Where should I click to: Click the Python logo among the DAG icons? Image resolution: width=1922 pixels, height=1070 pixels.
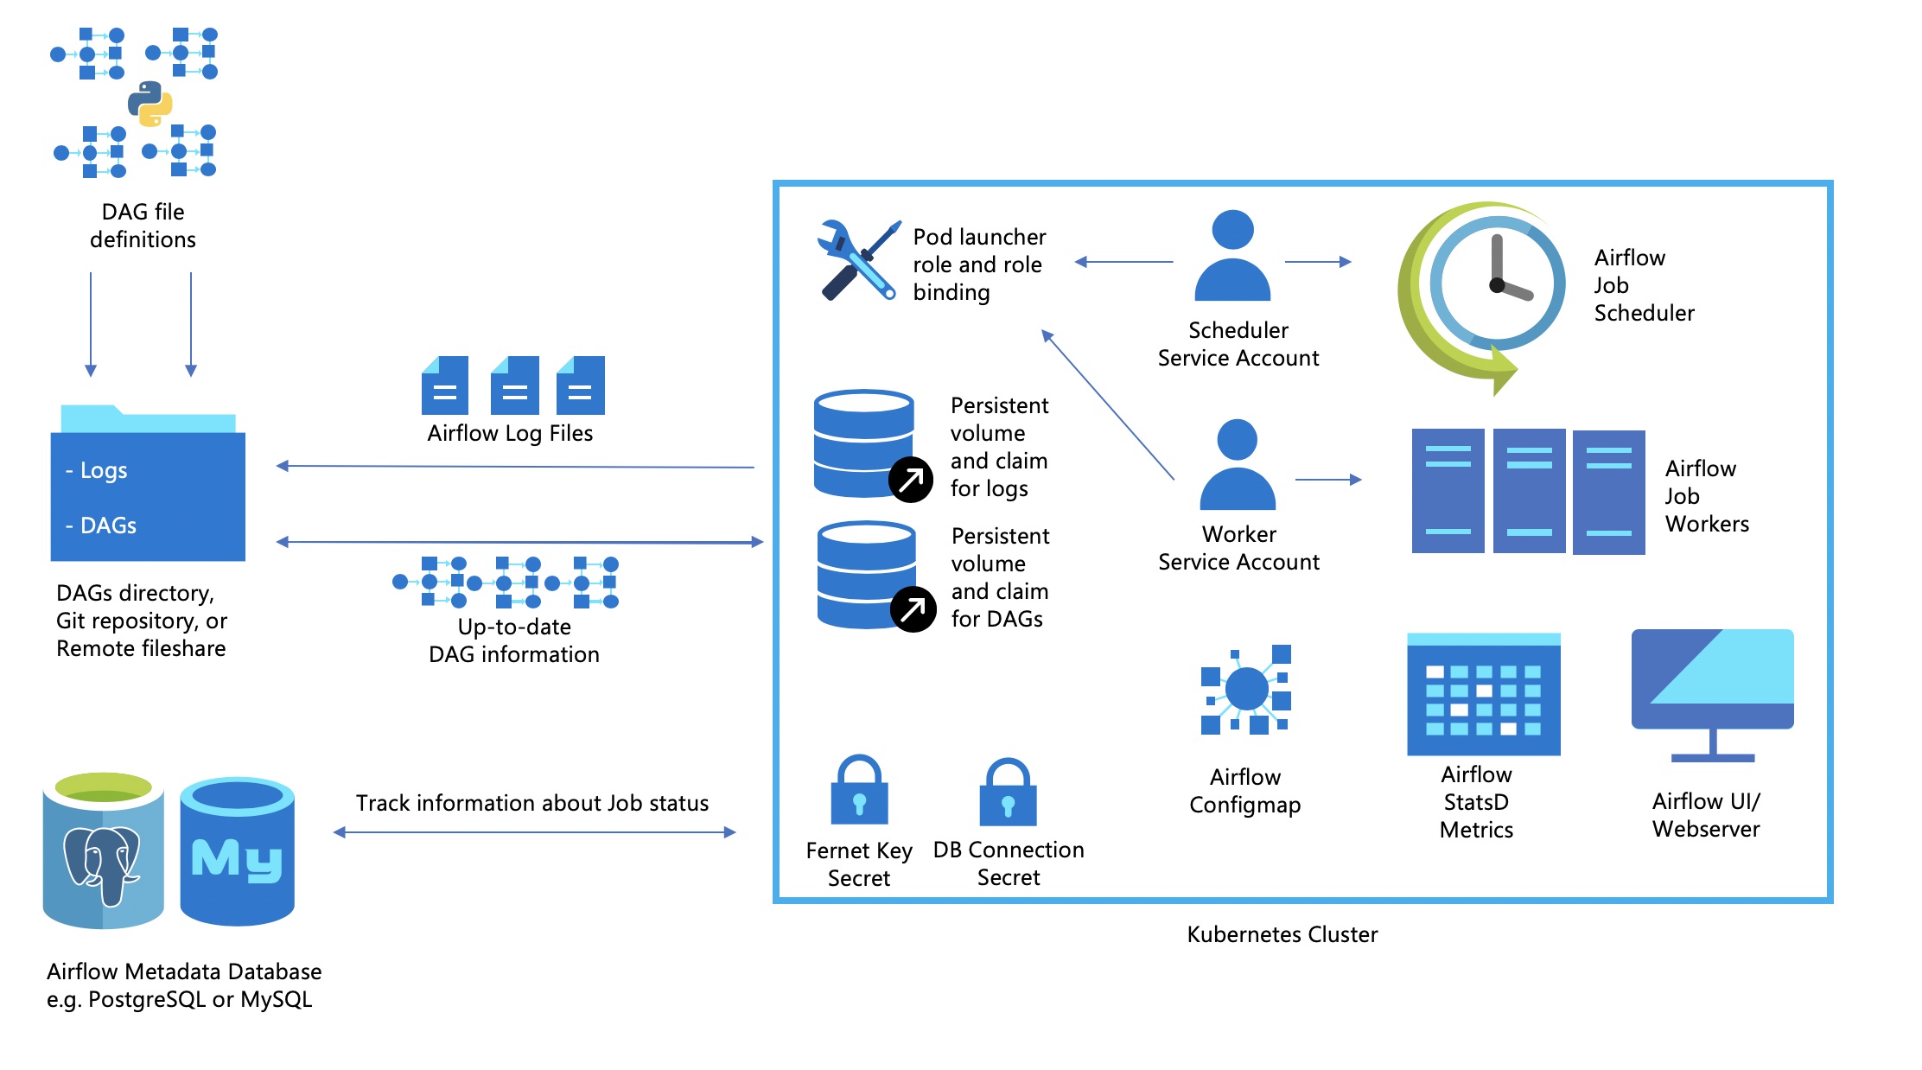point(150,104)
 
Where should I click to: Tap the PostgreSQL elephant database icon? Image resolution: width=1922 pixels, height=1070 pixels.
point(103,851)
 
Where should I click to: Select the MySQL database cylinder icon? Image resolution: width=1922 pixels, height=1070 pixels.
point(237,851)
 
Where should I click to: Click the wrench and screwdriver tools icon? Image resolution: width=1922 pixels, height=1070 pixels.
point(857,260)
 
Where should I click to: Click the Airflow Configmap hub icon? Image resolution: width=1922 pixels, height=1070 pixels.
point(1245,690)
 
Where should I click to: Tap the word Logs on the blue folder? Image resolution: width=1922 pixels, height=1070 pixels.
point(103,470)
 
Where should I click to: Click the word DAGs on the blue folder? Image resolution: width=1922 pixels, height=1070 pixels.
point(107,525)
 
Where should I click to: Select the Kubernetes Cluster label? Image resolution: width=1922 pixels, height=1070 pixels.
point(1282,934)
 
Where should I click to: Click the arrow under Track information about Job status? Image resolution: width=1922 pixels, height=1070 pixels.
point(534,832)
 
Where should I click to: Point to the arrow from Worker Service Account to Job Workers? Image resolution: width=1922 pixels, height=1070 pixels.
point(1328,479)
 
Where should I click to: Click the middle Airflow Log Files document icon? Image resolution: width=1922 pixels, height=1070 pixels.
point(514,385)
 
